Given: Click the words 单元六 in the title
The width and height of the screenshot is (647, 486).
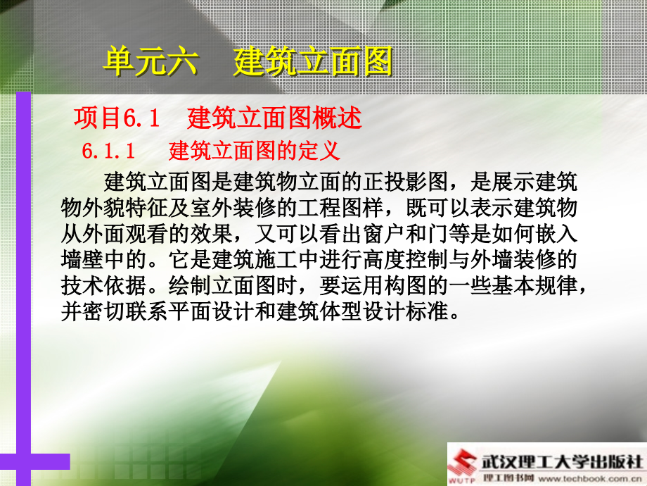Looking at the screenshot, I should (150, 62).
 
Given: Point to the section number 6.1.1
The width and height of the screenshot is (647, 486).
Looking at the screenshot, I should (108, 151).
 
